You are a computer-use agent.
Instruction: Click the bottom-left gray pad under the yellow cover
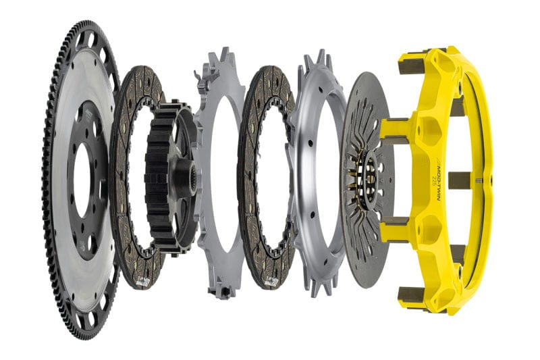412,294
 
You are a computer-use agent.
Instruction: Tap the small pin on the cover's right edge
480,180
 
